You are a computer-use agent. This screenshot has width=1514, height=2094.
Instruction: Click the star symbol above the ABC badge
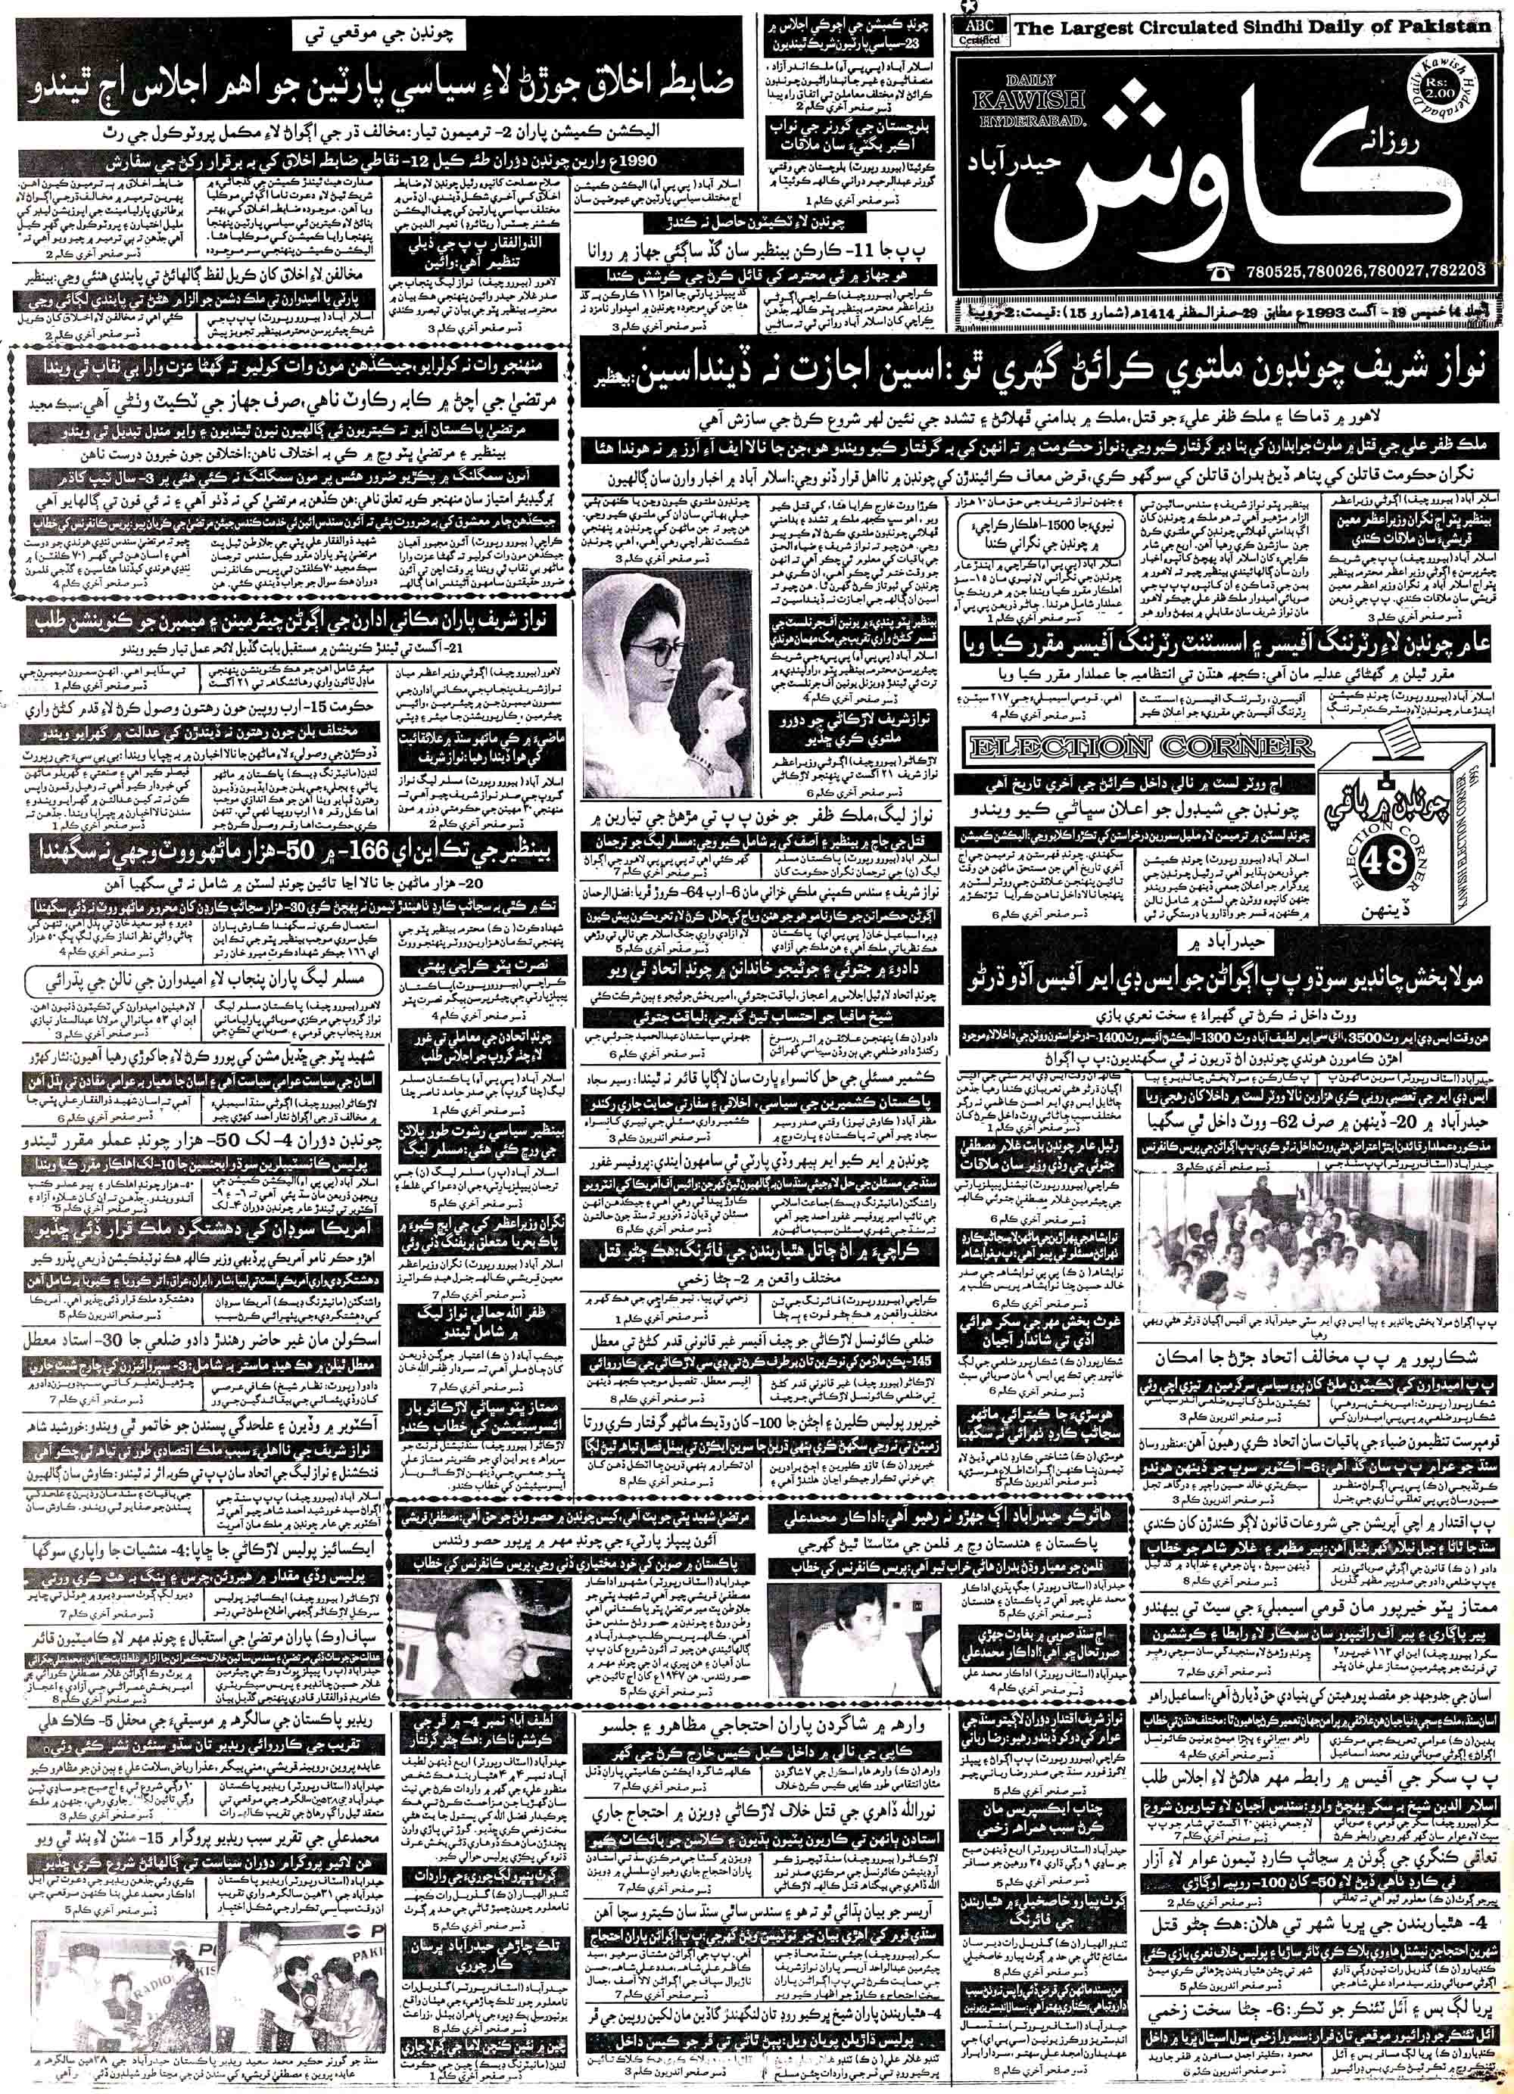[964, 8]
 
